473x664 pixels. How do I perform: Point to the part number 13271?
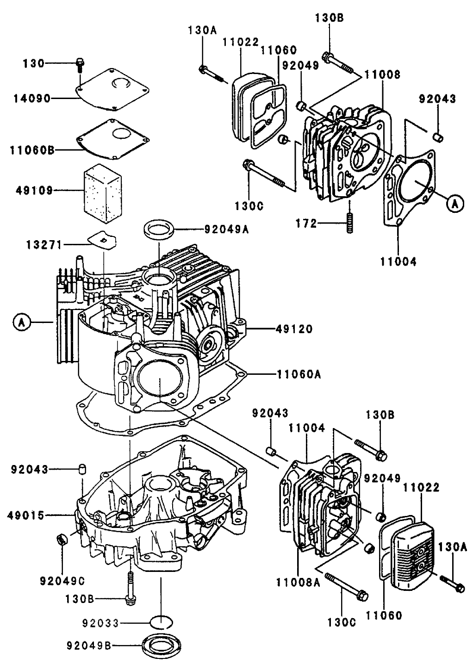pyautogui.click(x=43, y=245)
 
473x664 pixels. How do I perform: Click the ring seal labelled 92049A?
pyautogui.click(x=160, y=230)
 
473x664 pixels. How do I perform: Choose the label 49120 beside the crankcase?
pyautogui.click(x=294, y=329)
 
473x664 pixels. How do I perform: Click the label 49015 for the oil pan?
pyautogui.click(x=26, y=515)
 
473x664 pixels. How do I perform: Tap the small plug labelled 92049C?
pyautogui.click(x=61, y=540)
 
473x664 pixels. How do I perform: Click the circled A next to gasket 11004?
pyautogui.click(x=454, y=203)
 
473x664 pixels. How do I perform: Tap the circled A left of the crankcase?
pyautogui.click(x=20, y=321)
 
